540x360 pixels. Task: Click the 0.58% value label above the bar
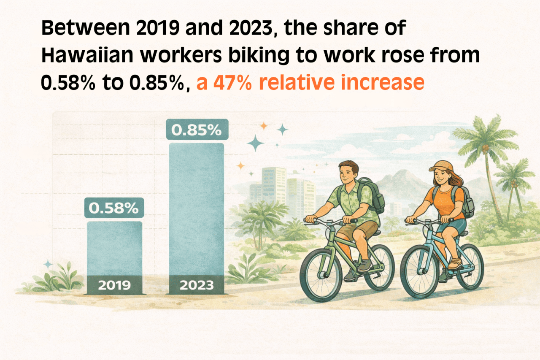(114, 208)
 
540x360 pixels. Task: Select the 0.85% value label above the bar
(197, 130)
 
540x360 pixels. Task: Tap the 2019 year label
(114, 285)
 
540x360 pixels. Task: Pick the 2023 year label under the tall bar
(197, 285)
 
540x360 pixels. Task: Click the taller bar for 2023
(197, 211)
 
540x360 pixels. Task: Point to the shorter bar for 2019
(114, 249)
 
